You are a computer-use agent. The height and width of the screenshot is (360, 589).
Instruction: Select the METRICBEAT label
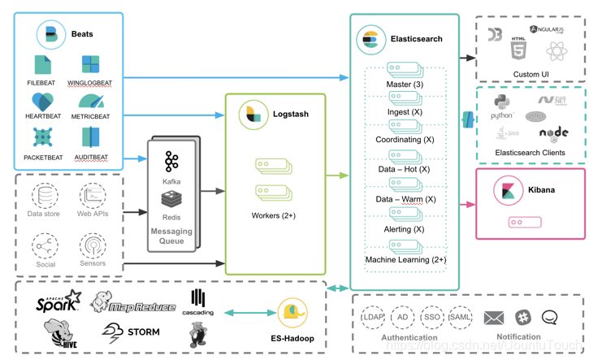click(x=91, y=117)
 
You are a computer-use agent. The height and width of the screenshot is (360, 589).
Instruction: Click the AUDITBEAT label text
click(x=91, y=158)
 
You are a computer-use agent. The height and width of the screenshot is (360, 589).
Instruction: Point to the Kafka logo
click(x=171, y=161)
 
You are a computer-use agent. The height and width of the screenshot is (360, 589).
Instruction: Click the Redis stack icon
click(x=171, y=199)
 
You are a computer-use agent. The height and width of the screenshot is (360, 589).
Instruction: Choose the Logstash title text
click(x=291, y=115)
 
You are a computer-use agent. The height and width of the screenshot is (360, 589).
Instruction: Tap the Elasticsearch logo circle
click(x=371, y=39)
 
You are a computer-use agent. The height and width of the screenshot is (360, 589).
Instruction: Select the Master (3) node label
click(x=405, y=85)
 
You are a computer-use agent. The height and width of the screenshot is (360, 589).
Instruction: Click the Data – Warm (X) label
click(x=405, y=199)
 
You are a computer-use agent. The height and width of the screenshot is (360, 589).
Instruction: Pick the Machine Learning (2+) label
click(x=405, y=260)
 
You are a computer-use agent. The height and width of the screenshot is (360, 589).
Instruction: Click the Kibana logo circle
click(x=509, y=191)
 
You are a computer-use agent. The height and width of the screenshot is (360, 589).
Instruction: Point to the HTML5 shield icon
click(x=518, y=49)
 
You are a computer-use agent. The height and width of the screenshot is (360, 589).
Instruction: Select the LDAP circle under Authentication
click(x=373, y=317)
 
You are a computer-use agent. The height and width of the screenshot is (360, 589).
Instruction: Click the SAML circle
click(x=460, y=317)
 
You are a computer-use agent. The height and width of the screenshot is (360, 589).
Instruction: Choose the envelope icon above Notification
click(x=494, y=318)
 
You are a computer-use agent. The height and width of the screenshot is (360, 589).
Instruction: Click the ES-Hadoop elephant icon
click(x=292, y=313)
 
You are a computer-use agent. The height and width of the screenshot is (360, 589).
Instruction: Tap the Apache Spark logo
click(x=59, y=302)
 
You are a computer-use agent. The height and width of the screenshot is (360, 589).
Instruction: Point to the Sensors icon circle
click(x=93, y=245)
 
